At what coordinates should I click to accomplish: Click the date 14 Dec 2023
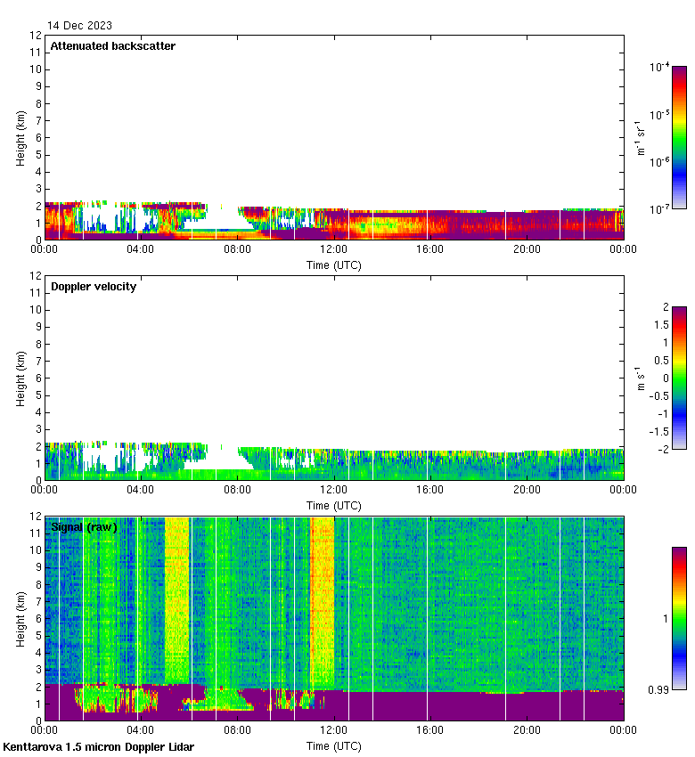[80, 26]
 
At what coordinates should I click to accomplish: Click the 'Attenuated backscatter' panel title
[113, 46]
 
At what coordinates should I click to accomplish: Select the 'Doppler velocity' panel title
[94, 287]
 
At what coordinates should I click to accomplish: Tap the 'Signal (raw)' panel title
[85, 527]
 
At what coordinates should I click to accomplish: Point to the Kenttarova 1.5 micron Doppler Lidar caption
[98, 747]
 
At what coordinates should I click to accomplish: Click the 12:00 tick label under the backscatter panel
[333, 250]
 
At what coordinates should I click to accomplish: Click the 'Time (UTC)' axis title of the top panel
[334, 265]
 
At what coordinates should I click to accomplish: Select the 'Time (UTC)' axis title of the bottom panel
[334, 745]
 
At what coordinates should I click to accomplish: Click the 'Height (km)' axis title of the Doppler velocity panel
[20, 378]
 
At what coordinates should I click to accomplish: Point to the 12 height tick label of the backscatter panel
[37, 36]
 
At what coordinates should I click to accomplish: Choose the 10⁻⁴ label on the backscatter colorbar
[659, 67]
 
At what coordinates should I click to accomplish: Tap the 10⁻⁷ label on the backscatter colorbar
[659, 208]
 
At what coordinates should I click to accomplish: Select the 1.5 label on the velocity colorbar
[660, 325]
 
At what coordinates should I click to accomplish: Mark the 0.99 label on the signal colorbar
[660, 688]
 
